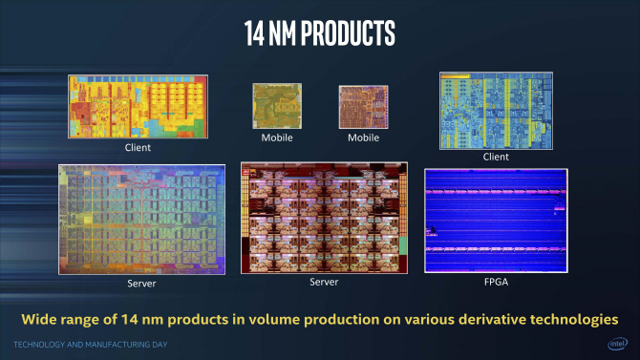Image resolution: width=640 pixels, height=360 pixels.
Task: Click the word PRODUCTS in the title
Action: point(348,32)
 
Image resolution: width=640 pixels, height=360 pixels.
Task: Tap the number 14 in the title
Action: point(254,33)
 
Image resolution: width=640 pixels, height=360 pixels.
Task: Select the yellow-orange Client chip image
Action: point(138,107)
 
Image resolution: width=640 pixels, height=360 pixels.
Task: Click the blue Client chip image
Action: point(496,111)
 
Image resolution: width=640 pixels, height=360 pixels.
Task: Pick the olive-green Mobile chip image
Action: point(277,106)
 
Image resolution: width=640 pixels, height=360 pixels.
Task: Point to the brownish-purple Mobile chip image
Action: point(363,107)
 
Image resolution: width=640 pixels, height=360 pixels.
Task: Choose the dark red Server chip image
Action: point(324,218)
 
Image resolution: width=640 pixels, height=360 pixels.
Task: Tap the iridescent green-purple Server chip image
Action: point(141,220)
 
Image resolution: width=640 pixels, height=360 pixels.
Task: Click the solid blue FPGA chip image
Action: point(496,221)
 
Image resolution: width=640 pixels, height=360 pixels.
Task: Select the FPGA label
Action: point(496,282)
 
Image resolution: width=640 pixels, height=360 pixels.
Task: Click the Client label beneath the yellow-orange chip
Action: point(138,147)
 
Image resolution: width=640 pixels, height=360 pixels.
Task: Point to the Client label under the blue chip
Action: point(496,157)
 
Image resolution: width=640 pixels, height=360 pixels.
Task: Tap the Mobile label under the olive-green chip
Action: point(277,138)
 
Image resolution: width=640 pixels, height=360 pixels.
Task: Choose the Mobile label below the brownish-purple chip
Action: point(363,138)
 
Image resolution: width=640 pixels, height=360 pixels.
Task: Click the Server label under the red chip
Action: point(324,282)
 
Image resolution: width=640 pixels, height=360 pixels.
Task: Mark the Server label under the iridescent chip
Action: point(141,284)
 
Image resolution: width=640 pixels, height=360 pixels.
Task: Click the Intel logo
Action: point(617,344)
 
